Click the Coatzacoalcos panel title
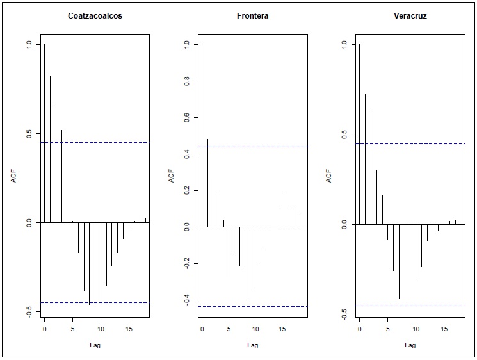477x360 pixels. point(95,15)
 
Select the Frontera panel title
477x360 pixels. point(252,15)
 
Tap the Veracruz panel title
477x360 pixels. point(410,15)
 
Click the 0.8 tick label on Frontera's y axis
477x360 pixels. point(186,81)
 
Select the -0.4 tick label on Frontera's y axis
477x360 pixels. point(186,300)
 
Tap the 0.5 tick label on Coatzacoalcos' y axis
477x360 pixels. point(29,133)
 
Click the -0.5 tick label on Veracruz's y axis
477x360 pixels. point(344,314)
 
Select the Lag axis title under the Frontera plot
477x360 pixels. point(252,345)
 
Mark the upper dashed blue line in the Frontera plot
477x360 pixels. point(256,147)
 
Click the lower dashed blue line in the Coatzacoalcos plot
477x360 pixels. point(96,302)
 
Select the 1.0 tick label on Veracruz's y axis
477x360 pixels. point(344,44)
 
